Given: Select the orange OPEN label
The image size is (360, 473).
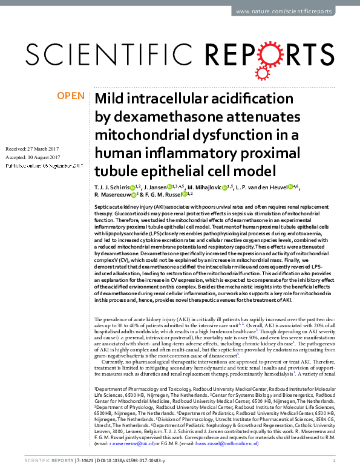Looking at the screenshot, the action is click(71, 96).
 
